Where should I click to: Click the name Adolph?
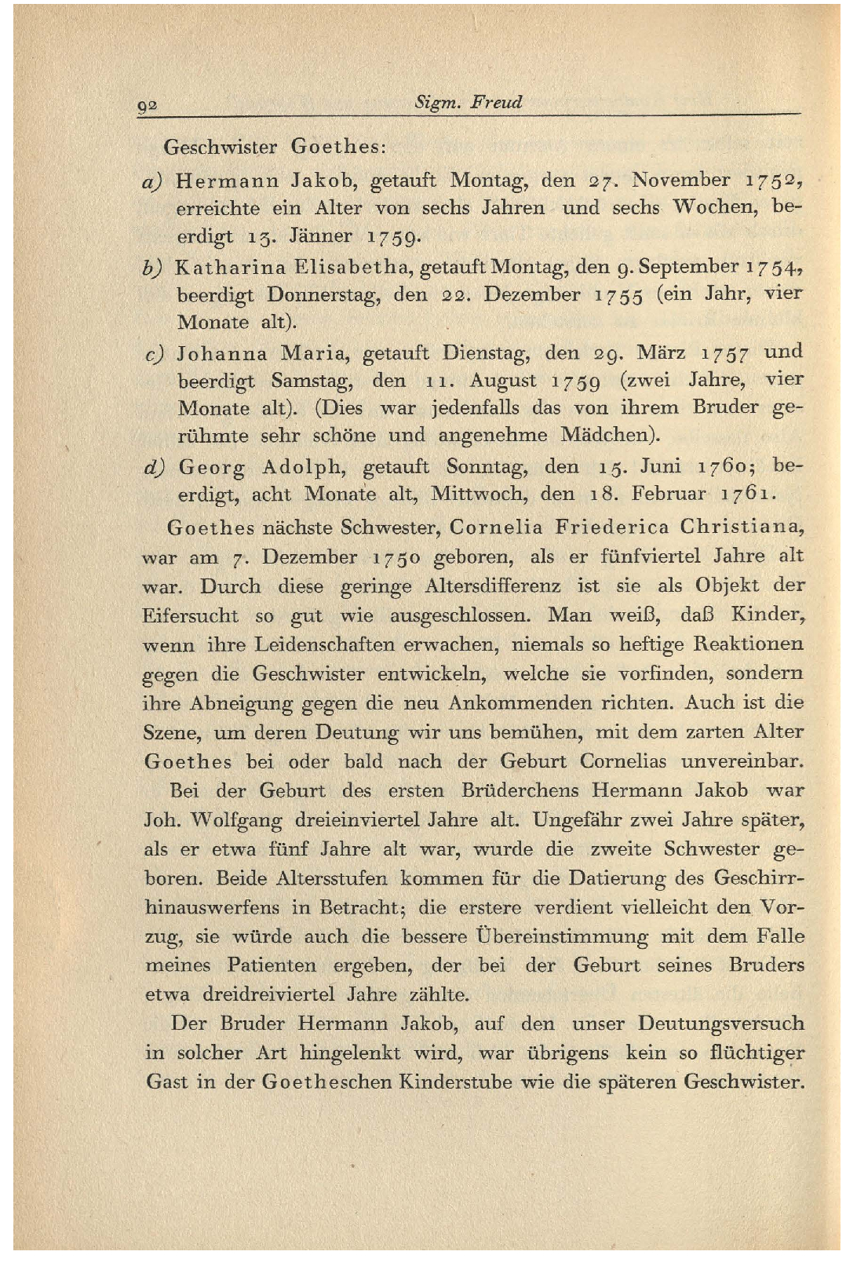(303, 468)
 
